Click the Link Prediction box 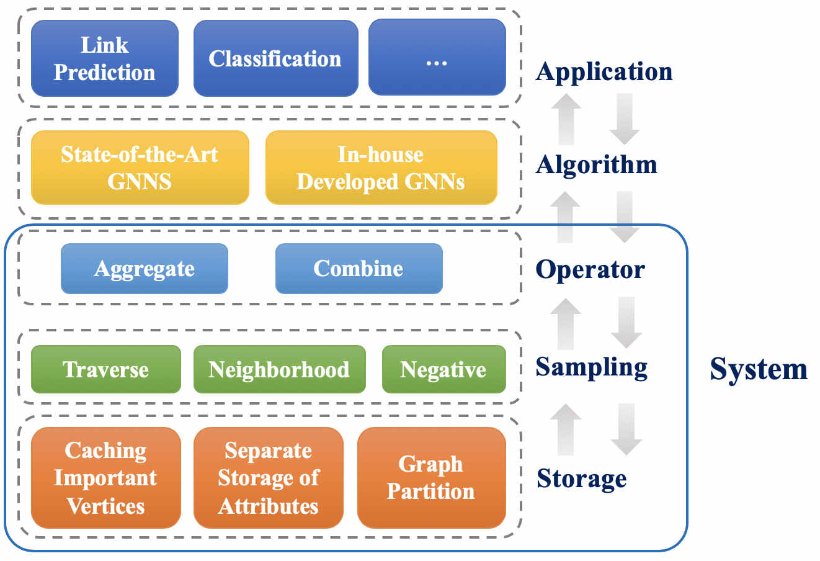point(105,58)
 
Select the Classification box point(275,58)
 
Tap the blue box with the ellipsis point(437,57)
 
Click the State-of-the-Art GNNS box point(140,168)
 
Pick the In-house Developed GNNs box point(381,168)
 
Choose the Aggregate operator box point(145,269)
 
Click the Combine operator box point(359,269)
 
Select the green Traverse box point(106,369)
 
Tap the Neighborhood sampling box point(279,369)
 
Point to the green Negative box point(444,369)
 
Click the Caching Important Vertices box point(106,477)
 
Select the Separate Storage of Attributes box point(269,477)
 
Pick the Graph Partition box point(432,477)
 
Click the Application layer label point(604,72)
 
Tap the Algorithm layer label point(596,164)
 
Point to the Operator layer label point(590,269)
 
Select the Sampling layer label point(591,367)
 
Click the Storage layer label point(582,478)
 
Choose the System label point(759,369)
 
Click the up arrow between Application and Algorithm point(566,119)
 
